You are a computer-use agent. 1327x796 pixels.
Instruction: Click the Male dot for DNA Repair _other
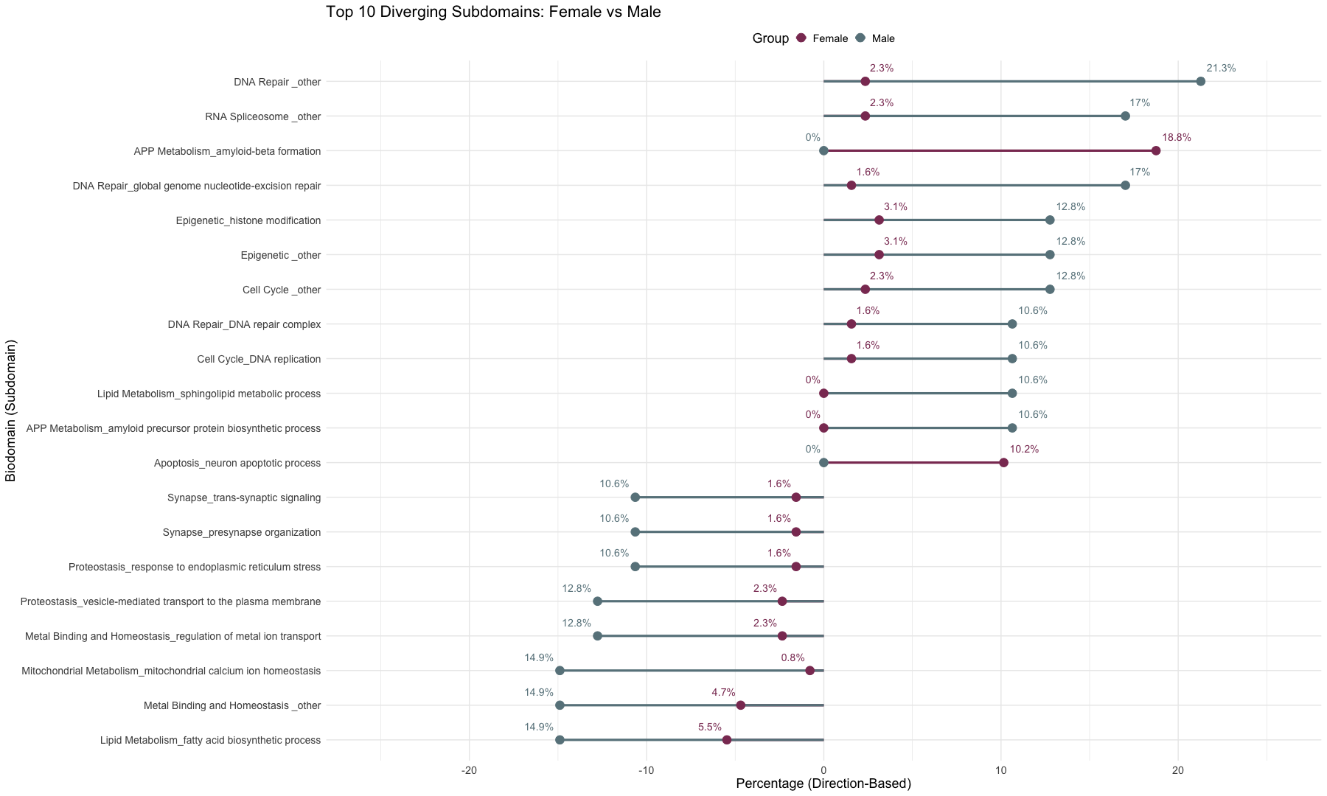tap(1200, 81)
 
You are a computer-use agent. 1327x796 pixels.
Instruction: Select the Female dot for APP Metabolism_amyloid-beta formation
tap(1156, 151)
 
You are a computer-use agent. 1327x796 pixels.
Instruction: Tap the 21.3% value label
tap(1221, 69)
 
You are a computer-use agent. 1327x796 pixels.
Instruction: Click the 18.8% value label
tap(1177, 138)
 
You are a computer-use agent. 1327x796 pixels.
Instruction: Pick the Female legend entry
tap(823, 38)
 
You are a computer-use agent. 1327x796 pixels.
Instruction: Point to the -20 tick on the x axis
tap(469, 770)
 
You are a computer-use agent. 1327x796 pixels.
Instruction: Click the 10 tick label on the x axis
tap(1000, 770)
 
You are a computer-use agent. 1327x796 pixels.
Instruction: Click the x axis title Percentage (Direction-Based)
tap(823, 783)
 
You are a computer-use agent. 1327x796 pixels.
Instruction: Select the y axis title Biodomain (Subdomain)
tap(10, 411)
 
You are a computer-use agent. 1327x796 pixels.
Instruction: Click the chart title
tap(493, 12)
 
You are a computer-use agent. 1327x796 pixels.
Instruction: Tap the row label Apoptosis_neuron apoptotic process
tap(237, 464)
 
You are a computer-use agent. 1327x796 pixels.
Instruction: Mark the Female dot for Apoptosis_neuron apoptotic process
tap(1003, 463)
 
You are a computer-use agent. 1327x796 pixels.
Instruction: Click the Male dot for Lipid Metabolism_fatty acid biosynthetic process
tap(560, 740)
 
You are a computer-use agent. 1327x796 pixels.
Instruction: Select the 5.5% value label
tap(710, 727)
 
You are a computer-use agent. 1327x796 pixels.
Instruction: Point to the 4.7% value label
tap(723, 693)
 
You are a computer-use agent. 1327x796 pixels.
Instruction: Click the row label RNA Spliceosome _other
tap(262, 116)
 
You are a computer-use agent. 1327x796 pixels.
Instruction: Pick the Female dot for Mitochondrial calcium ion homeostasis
tap(809, 671)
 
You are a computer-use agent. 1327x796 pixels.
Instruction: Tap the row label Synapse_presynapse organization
tap(242, 533)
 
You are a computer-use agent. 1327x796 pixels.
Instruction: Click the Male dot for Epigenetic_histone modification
tap(1050, 220)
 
